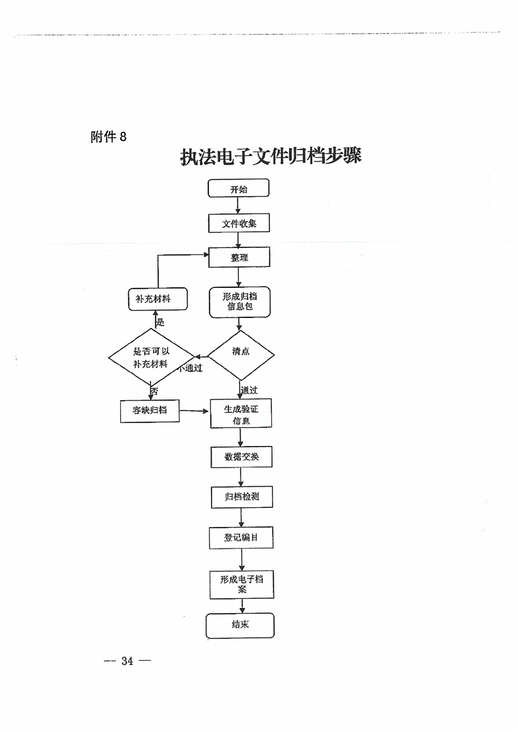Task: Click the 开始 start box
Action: coord(238,189)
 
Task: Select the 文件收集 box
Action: coord(238,223)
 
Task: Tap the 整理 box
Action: coord(239,258)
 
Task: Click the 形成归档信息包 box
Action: coord(239,301)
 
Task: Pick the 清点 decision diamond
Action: coord(240,352)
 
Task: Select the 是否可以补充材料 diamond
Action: coord(151,357)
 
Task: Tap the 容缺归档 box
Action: coord(150,411)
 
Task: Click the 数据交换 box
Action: coord(241,457)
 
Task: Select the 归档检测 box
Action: coord(241,498)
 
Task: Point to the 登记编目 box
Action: coord(241,538)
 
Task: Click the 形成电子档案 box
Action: coord(242,584)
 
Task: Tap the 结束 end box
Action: coord(240,625)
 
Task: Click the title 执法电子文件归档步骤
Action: coord(271,157)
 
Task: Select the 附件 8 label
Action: coord(108,136)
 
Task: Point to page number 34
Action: coord(127,661)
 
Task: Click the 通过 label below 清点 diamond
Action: coord(250,390)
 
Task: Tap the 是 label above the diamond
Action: coord(160,323)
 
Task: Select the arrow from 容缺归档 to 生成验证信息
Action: coord(195,411)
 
